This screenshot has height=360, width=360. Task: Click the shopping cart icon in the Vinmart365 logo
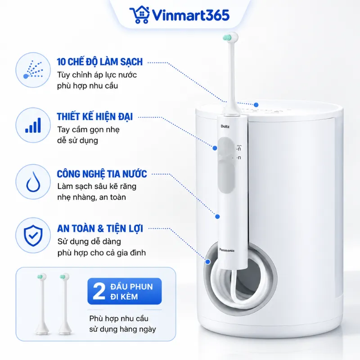(139, 15)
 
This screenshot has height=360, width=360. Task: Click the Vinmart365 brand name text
(191, 15)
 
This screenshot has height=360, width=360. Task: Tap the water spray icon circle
(33, 70)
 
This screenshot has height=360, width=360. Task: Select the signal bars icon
(33, 126)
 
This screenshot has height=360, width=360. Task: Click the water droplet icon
(33, 182)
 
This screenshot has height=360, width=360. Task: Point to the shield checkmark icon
(33, 235)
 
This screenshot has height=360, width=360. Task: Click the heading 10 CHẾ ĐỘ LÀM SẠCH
(100, 62)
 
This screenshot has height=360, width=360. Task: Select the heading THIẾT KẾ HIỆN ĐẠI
(95, 117)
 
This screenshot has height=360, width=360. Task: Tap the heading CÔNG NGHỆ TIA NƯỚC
(102, 174)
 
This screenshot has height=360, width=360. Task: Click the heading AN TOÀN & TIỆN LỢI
(100, 229)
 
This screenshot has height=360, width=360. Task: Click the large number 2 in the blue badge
(99, 291)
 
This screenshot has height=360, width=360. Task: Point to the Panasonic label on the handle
(227, 250)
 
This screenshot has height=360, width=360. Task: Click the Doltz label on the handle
(225, 126)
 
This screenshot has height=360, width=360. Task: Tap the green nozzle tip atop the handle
(227, 38)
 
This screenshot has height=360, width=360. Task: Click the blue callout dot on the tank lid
(256, 105)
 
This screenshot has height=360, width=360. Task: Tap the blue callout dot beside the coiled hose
(208, 262)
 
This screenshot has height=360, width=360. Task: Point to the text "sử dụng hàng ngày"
(122, 329)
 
